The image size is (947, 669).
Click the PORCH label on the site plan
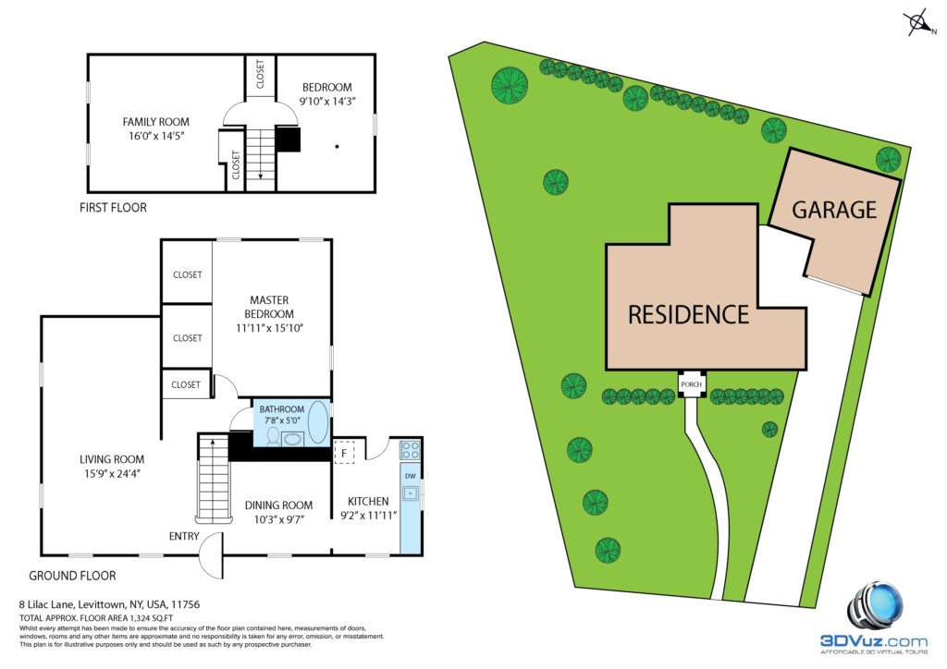coord(691,384)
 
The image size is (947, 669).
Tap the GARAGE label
coord(834,210)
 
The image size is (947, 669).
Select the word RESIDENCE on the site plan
coord(688,315)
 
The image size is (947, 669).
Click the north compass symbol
coord(919,23)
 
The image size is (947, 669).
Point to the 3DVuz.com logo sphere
coord(875,607)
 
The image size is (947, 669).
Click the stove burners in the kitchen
coord(410,450)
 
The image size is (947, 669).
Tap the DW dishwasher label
coord(410,476)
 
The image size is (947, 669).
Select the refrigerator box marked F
coord(344,453)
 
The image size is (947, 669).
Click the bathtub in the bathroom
coord(318,422)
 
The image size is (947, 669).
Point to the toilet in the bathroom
coord(273,436)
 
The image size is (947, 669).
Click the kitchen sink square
coord(410,493)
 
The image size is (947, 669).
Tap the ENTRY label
coord(184,536)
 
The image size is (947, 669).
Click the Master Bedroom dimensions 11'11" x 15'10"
coord(269,328)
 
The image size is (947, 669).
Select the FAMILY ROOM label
coord(155,122)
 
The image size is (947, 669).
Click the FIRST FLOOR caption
coord(113,208)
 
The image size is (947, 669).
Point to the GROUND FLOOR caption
coord(72,576)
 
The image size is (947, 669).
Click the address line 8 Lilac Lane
coord(109,603)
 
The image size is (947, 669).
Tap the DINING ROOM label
coord(278,505)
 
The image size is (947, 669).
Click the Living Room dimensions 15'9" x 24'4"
coord(112,473)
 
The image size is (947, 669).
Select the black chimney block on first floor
coord(288,139)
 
